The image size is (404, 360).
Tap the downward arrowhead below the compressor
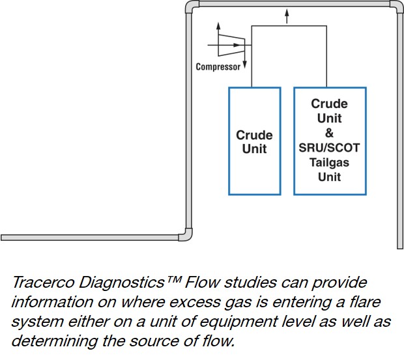click(x=244, y=66)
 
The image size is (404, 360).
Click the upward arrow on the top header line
click(x=285, y=19)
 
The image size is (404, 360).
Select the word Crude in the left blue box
click(x=254, y=135)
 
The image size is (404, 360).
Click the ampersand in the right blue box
click(x=329, y=133)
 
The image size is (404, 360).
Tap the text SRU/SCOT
click(x=330, y=148)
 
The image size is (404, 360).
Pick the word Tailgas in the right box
click(x=330, y=162)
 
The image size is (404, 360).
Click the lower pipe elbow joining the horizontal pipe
click(x=185, y=234)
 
